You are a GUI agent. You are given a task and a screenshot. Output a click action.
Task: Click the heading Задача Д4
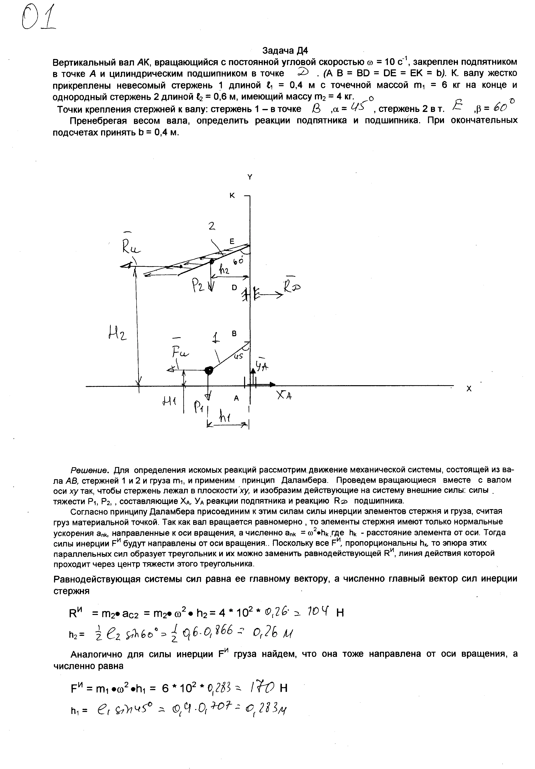(x=285, y=51)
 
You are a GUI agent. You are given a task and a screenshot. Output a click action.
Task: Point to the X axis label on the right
(x=469, y=389)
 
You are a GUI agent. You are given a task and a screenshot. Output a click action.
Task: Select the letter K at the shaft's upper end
(x=232, y=196)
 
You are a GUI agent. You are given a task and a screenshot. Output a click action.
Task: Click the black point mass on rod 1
(x=208, y=370)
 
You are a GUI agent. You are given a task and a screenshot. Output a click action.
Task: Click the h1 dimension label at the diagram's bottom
(x=227, y=417)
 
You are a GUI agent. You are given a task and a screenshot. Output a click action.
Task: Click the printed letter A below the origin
(x=236, y=398)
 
